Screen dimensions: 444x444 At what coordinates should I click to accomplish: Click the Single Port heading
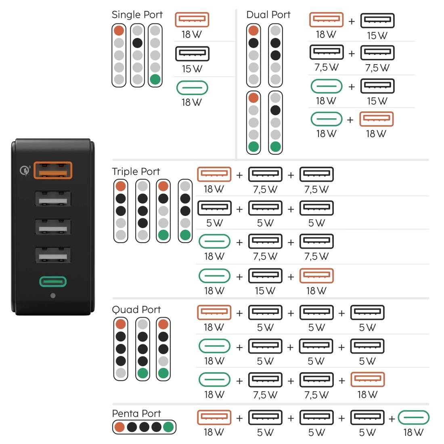(x=137, y=15)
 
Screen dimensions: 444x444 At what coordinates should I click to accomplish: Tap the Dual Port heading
(x=268, y=15)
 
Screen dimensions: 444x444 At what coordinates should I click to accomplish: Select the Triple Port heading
(x=136, y=172)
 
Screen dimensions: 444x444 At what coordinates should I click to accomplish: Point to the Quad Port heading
(x=136, y=310)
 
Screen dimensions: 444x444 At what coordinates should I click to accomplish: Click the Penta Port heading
(x=136, y=413)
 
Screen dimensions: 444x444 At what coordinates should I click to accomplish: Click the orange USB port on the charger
(x=53, y=170)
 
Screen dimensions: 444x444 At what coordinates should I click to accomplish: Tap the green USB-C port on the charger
(x=53, y=281)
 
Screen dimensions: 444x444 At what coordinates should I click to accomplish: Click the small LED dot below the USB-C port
(x=52, y=295)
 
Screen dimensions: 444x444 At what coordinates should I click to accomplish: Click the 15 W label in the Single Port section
(x=192, y=69)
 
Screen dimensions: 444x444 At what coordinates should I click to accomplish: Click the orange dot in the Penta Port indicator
(x=119, y=427)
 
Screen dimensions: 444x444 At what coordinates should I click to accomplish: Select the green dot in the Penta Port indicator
(x=168, y=427)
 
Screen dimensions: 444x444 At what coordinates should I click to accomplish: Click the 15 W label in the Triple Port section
(x=265, y=291)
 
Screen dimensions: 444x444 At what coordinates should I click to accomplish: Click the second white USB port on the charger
(x=53, y=227)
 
